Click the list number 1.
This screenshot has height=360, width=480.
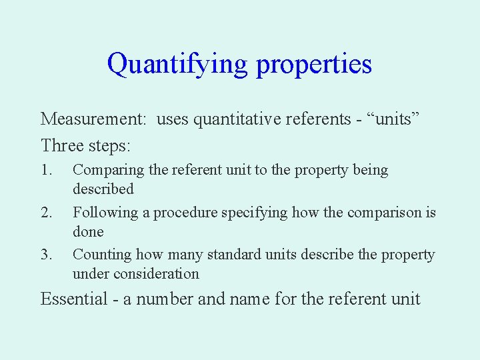point(45,170)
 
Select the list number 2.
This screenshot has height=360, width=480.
point(45,213)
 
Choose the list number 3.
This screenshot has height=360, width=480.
point(45,255)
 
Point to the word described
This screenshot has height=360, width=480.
point(103,189)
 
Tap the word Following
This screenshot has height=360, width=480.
point(110,213)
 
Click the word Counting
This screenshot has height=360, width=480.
point(103,255)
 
